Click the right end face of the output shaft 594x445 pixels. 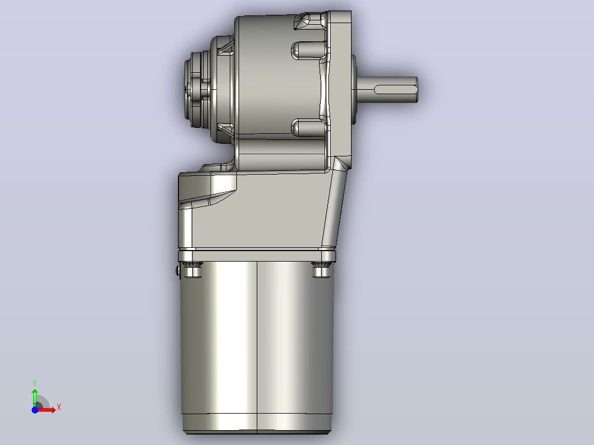(417, 90)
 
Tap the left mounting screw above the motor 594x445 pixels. (192, 269)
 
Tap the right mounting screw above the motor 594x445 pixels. (321, 269)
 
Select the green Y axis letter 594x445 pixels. (35, 383)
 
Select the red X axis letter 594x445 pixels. (59, 408)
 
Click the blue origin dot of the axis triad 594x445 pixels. (35, 410)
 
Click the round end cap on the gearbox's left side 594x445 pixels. (198, 89)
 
